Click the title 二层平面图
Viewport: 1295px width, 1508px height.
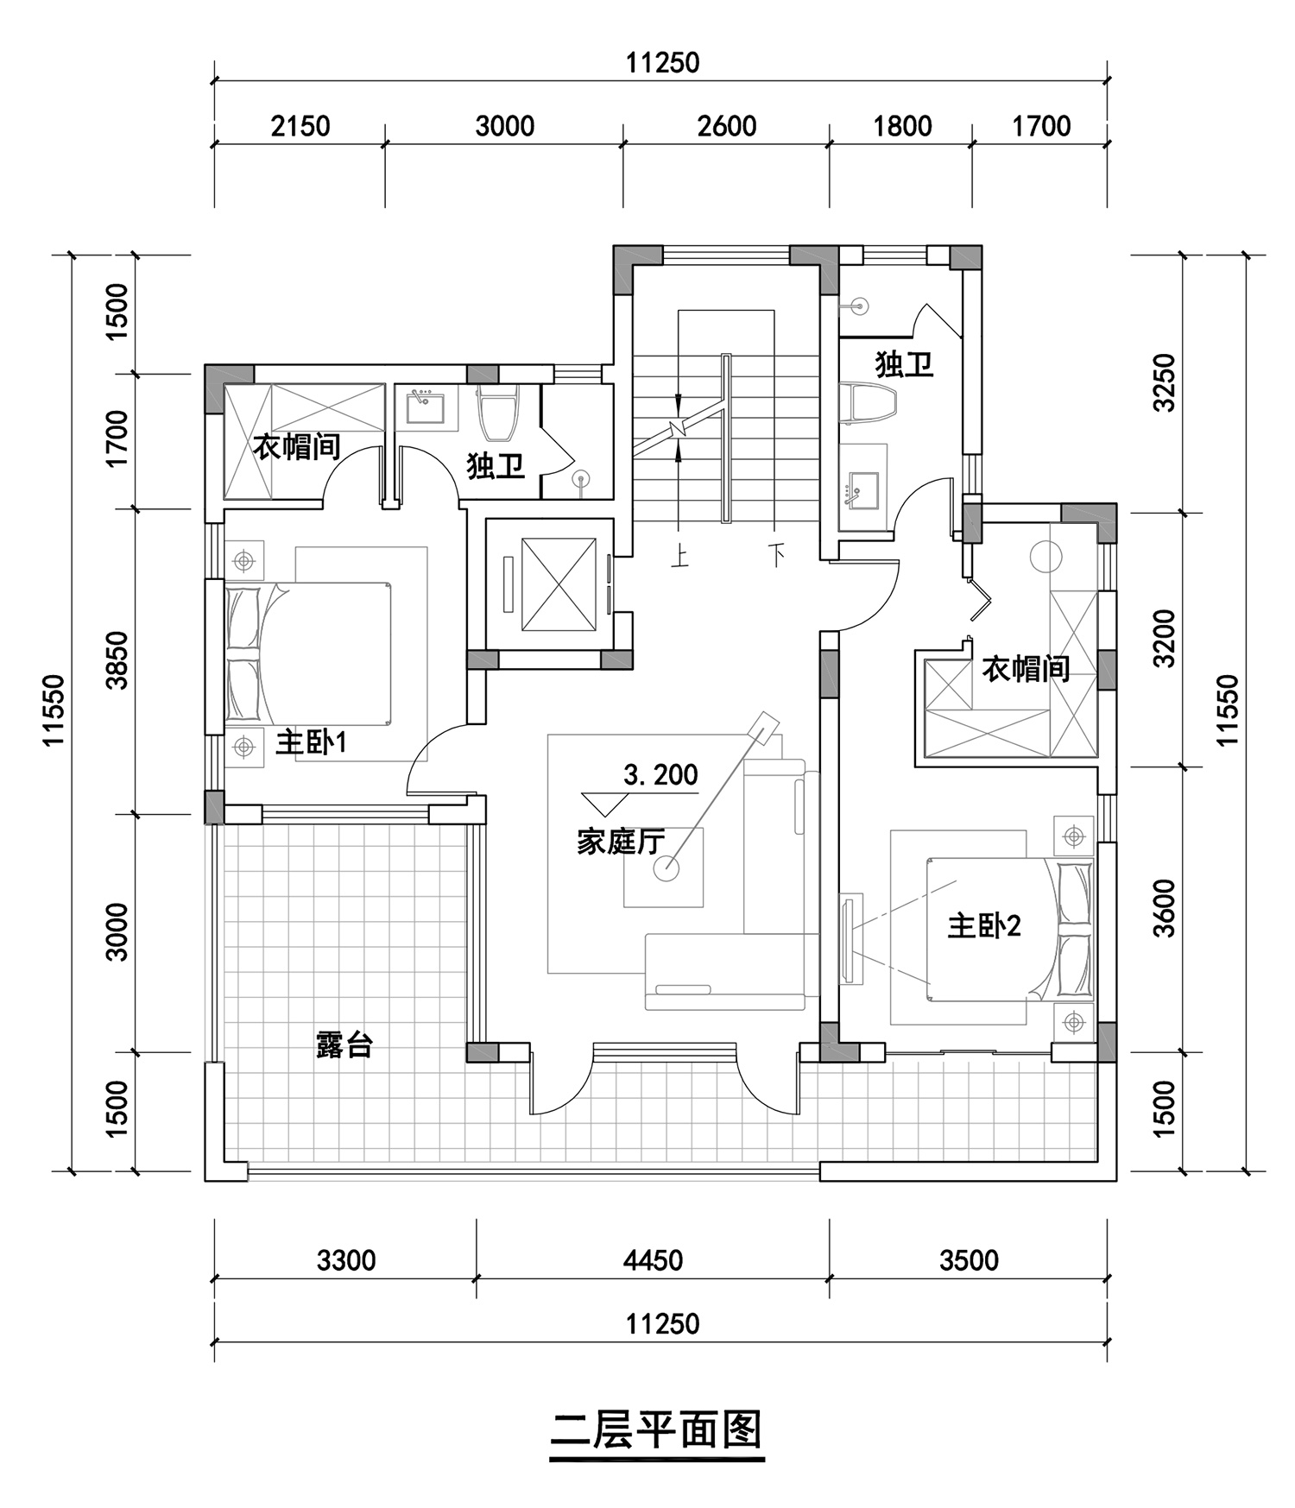[x=657, y=1430]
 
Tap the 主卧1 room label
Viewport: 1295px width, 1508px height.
[x=311, y=741]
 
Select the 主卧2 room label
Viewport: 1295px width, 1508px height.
[x=984, y=926]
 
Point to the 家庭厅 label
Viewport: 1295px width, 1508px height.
[x=621, y=842]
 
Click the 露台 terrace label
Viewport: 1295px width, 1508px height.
[x=344, y=1045]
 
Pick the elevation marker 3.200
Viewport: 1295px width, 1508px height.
[x=660, y=775]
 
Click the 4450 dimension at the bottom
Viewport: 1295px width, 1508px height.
[x=653, y=1260]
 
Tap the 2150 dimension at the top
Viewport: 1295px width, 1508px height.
[x=300, y=126]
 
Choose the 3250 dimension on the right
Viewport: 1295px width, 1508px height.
[x=1165, y=382]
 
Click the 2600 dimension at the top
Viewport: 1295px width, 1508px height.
[x=727, y=126]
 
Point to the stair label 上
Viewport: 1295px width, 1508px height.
[x=680, y=558]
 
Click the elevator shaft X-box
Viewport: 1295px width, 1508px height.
[x=559, y=584]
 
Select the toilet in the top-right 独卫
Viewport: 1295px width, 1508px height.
[x=871, y=403]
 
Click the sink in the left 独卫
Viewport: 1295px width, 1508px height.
[x=426, y=407]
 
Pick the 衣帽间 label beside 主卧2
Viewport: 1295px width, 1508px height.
[x=1026, y=669]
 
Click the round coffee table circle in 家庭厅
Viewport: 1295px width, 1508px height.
[x=666, y=868]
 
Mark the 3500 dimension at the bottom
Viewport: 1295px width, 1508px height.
[x=969, y=1260]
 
